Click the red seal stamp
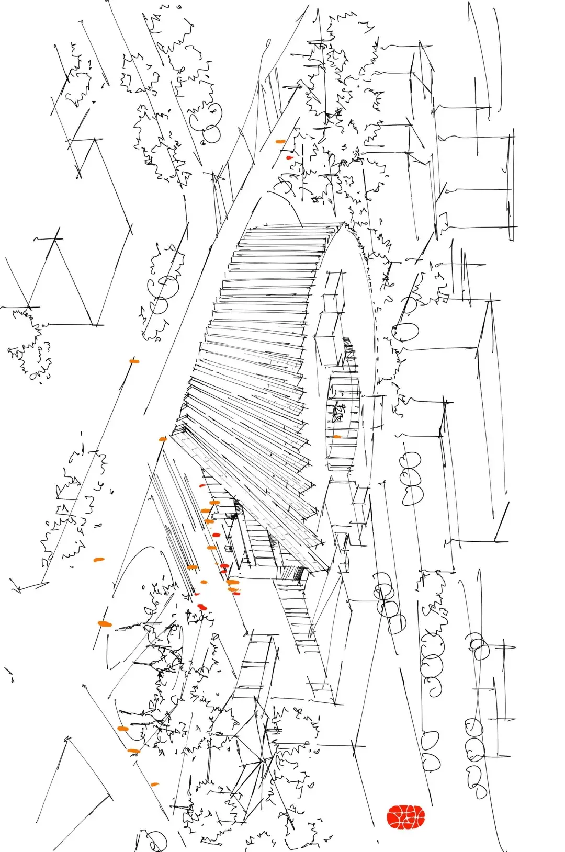click(x=405, y=817)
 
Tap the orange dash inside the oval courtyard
click(x=336, y=436)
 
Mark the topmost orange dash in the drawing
click(x=280, y=141)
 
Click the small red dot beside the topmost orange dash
click(x=289, y=157)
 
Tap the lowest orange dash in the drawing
click(x=154, y=785)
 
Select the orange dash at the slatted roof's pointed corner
click(x=162, y=439)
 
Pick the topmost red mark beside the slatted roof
click(x=202, y=485)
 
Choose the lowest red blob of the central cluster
click(x=202, y=607)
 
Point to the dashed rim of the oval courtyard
click(x=375, y=335)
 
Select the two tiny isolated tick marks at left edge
click(x=9, y=675)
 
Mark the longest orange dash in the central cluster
click(x=233, y=582)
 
